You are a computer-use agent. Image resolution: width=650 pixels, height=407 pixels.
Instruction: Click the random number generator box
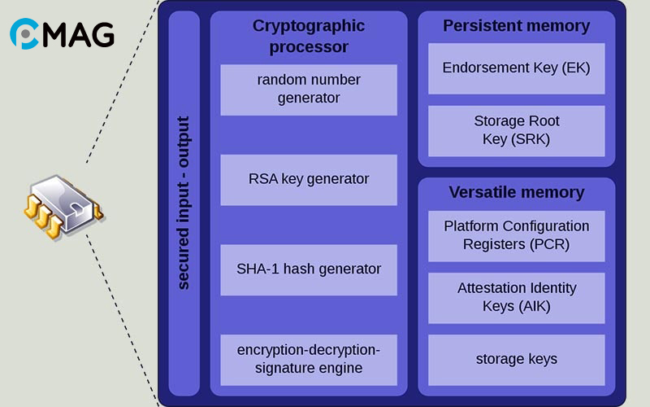[x=309, y=90]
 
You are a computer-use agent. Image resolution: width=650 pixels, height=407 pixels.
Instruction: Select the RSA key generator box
[x=309, y=179]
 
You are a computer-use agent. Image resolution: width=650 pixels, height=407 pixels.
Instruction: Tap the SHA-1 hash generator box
[x=309, y=269]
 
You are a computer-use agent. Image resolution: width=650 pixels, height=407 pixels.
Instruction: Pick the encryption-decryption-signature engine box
[x=309, y=359]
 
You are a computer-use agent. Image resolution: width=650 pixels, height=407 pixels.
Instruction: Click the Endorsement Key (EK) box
[x=517, y=68]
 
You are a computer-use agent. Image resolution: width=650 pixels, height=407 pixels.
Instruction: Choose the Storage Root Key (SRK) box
[x=517, y=130]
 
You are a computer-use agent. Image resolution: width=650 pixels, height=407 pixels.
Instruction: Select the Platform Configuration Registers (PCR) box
[x=517, y=235]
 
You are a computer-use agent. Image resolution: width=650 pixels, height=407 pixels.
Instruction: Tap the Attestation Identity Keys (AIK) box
[x=517, y=297]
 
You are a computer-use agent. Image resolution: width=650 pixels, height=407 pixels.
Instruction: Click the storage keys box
[x=517, y=359]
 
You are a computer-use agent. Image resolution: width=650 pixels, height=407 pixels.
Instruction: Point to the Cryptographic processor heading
[x=309, y=36]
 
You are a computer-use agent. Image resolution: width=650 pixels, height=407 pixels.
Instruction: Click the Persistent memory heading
[x=517, y=26]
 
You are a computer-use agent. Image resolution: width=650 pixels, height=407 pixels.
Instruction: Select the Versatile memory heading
[x=517, y=193]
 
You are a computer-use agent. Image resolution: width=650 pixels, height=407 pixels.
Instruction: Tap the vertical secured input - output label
[x=184, y=203]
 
